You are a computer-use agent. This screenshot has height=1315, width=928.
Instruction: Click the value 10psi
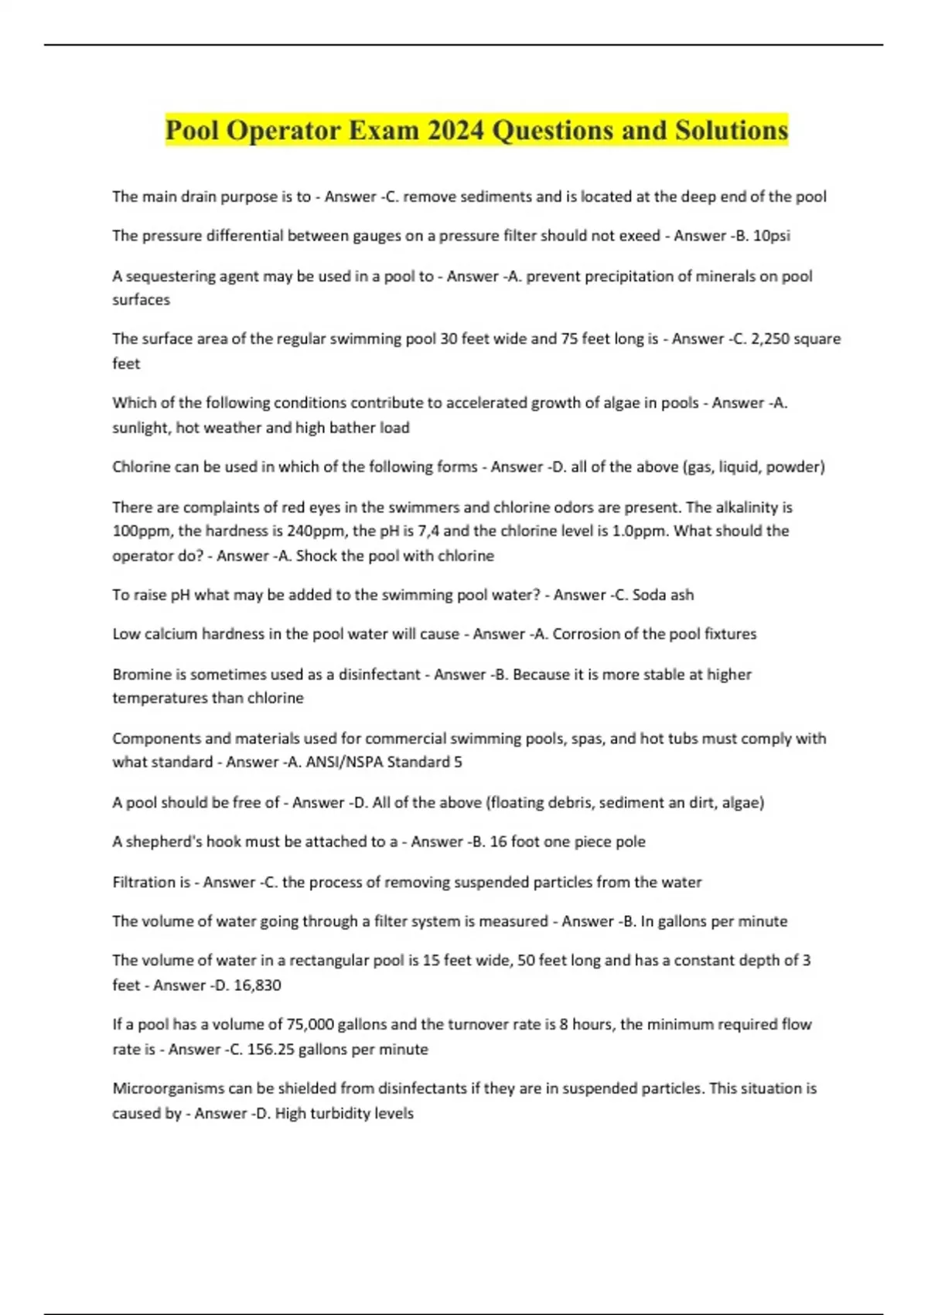tap(771, 236)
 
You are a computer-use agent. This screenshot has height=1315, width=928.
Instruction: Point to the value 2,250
tap(775, 339)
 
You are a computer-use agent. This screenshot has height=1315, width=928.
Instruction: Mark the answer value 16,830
tap(256, 985)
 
